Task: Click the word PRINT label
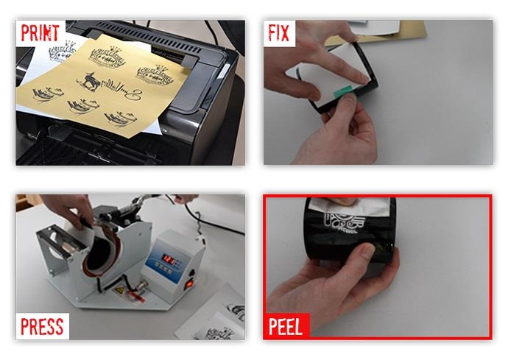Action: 40,32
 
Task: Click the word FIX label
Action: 278,32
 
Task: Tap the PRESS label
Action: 42,326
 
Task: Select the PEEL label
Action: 286,326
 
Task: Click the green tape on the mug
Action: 343,91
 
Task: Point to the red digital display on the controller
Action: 170,259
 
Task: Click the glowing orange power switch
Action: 189,284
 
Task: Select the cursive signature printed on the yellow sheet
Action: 122,89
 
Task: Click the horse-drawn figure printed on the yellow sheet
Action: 88,81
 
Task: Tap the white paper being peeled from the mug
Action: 348,207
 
